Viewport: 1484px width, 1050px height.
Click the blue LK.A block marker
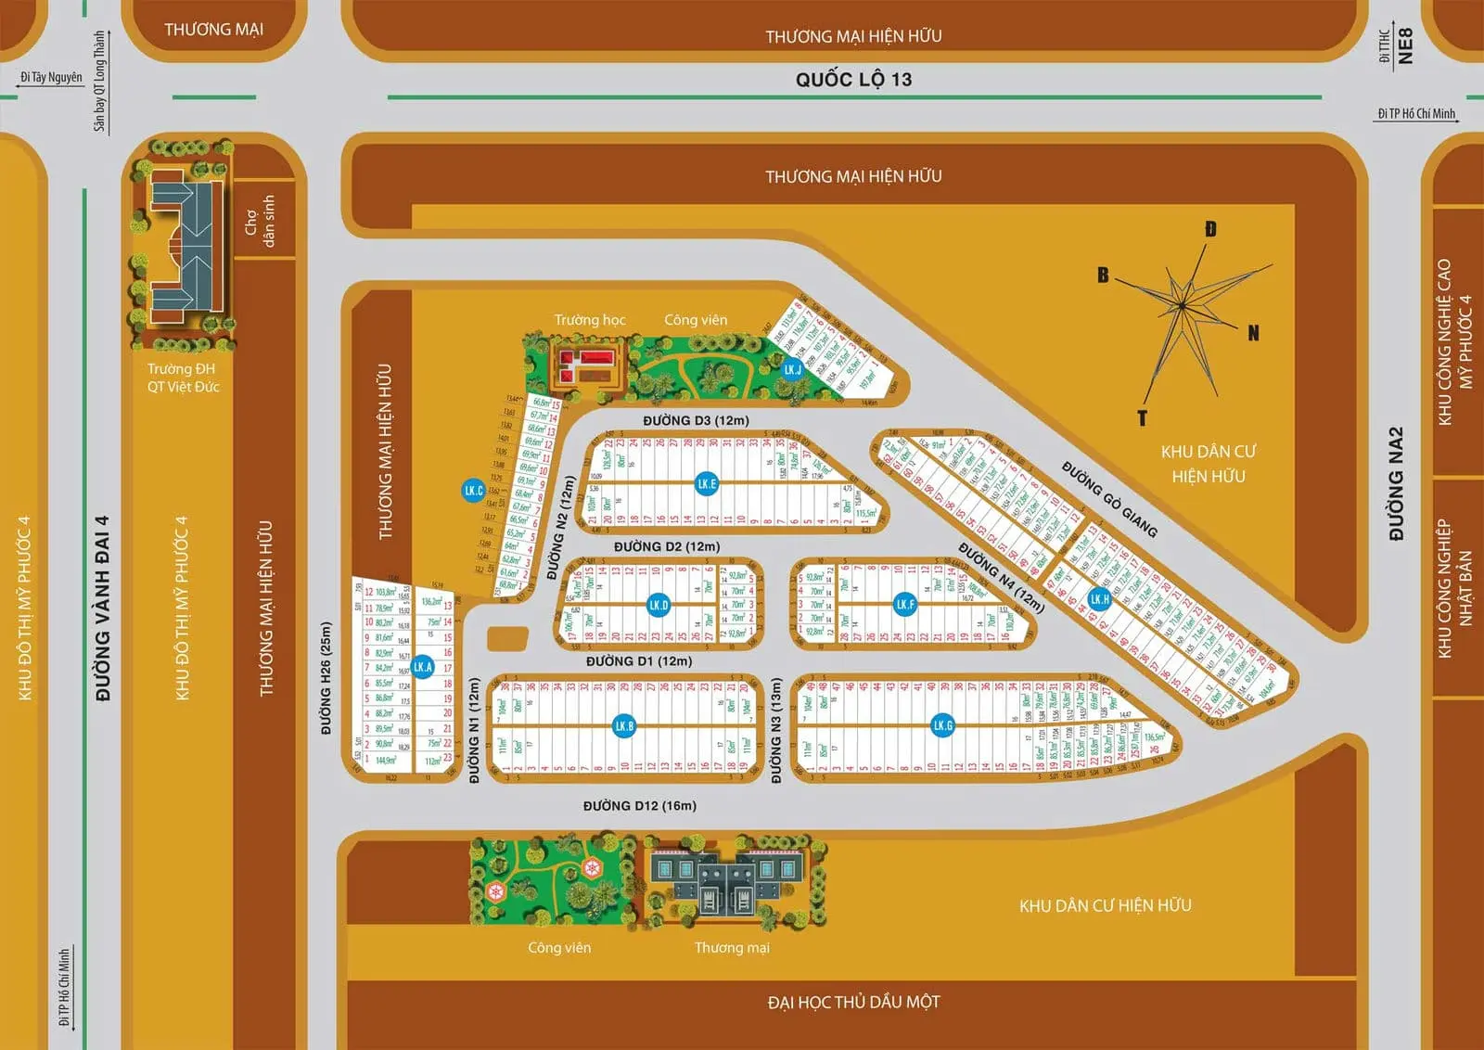[423, 666]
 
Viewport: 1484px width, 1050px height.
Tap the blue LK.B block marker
[624, 725]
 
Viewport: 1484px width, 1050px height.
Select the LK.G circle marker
[942, 725]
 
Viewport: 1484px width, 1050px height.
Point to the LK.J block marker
[792, 369]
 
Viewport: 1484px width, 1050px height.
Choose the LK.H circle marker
[1099, 598]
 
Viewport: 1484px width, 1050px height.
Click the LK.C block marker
[473, 490]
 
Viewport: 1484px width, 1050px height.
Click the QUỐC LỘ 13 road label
[853, 80]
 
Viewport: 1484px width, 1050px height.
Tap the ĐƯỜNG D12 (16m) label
[639, 805]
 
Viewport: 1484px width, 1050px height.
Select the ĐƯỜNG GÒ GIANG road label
[1109, 499]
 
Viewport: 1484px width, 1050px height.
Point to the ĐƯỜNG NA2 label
[1396, 483]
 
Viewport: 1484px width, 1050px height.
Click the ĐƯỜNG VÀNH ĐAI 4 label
[102, 608]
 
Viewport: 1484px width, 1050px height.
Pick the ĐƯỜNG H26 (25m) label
[326, 678]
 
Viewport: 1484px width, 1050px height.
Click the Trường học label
[590, 320]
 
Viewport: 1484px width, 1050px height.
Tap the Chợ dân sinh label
[260, 221]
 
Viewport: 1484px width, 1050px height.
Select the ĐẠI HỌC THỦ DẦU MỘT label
[853, 1002]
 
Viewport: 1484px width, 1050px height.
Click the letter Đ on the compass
[1210, 229]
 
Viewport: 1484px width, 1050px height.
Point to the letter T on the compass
[1142, 418]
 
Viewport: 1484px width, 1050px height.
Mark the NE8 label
[1405, 45]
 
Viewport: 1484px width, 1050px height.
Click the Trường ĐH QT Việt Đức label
[183, 378]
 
